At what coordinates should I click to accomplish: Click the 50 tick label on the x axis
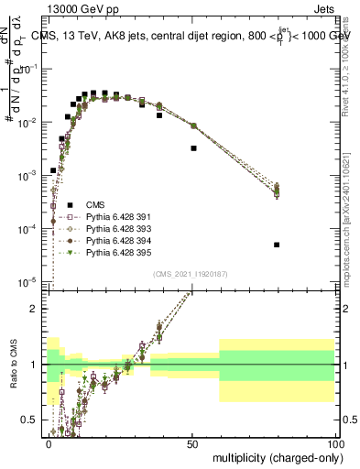[x=192, y=442]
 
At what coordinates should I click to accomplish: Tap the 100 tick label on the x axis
[x=334, y=442]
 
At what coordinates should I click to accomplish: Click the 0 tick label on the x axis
[x=49, y=442]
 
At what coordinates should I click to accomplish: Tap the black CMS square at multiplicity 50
[x=193, y=147]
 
